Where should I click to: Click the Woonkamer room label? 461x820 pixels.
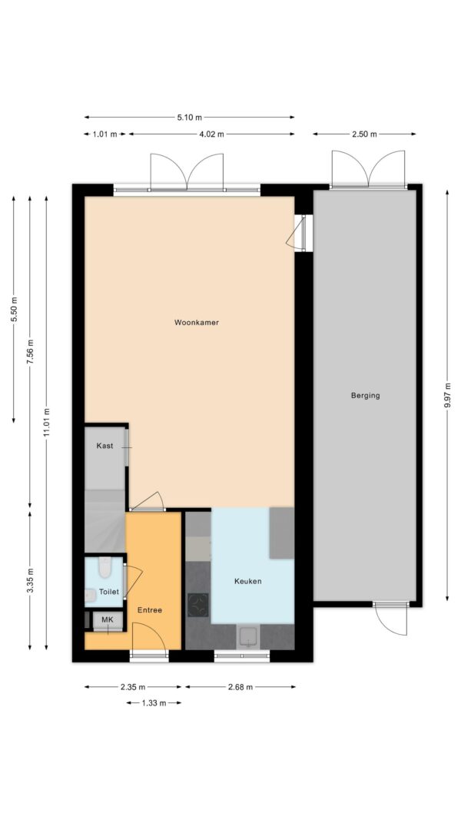197,323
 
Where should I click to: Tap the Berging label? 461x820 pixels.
366,396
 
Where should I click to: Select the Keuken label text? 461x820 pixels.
247,581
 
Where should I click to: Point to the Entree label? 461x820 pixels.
150,609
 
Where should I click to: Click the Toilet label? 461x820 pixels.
109,592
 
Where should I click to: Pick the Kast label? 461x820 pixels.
104,446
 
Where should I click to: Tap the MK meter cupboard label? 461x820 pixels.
107,619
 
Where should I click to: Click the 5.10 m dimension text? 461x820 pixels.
189,118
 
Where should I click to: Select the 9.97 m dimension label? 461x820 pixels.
447,395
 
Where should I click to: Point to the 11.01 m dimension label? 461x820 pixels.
47,422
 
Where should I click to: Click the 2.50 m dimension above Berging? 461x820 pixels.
364,134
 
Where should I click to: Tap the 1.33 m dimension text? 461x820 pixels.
154,703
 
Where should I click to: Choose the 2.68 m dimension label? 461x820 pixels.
240,687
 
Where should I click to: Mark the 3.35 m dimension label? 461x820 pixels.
30,580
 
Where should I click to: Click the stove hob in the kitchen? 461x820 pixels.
197,605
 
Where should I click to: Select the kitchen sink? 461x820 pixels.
247,636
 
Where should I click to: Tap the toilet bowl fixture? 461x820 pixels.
105,567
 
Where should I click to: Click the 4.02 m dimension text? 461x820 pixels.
211,134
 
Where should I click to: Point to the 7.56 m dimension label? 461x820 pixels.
30,352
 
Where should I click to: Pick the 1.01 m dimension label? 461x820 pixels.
105,134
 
